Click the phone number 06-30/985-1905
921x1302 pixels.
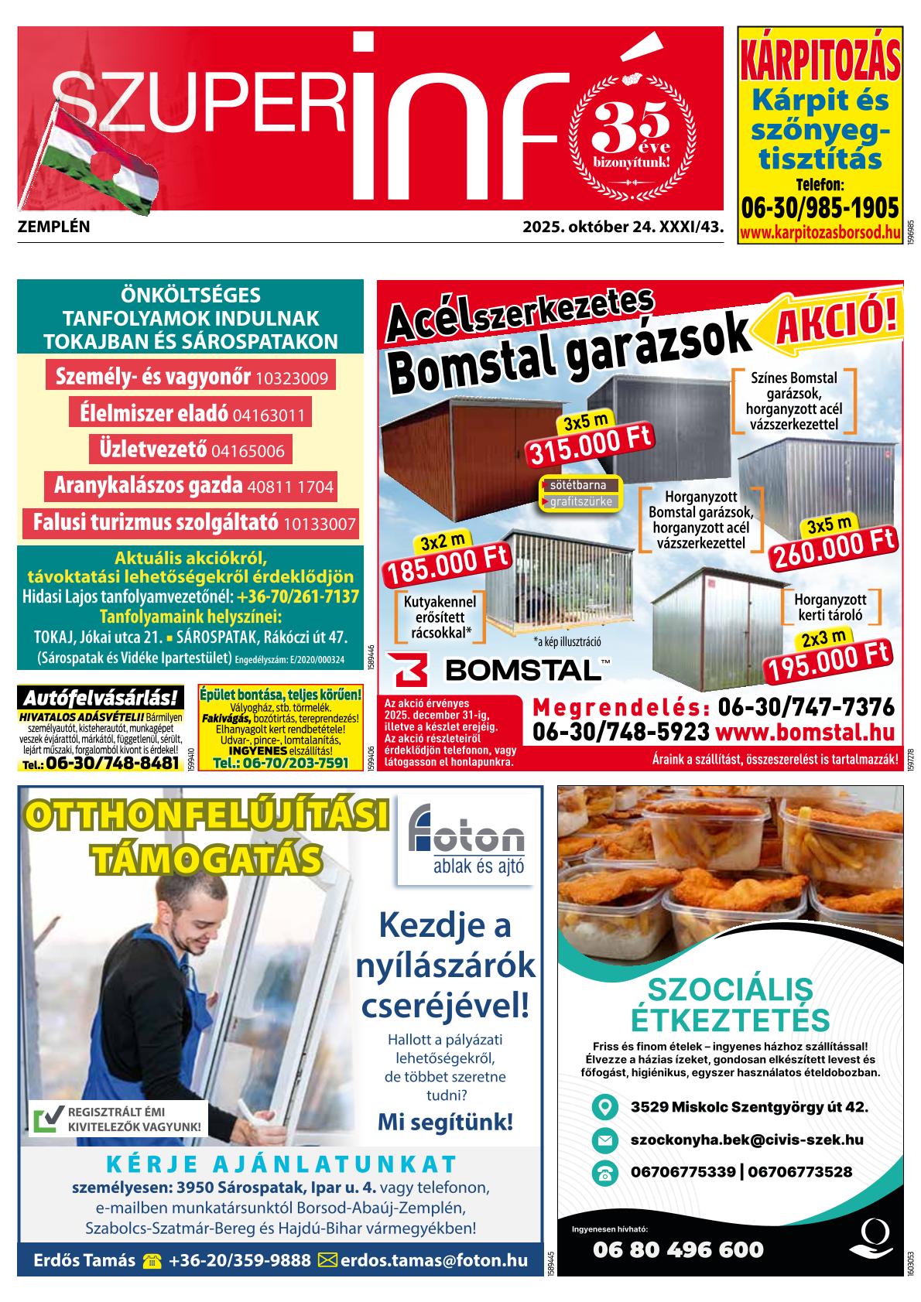[820, 209]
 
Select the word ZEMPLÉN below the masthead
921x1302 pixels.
[53, 227]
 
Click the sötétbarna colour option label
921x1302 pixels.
[580, 485]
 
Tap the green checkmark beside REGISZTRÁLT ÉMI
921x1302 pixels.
[49, 1119]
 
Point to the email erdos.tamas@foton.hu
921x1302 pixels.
[433, 1260]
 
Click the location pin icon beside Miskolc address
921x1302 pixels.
[604, 1107]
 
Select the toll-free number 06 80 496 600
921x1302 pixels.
[678, 1249]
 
